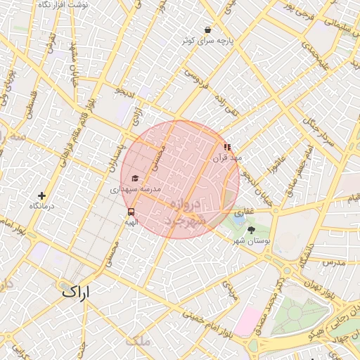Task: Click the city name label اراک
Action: click(76, 292)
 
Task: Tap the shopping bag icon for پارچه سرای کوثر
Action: click(207, 30)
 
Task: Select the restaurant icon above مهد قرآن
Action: click(227, 147)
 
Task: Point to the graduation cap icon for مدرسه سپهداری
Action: click(134, 179)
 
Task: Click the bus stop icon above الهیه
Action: click(131, 211)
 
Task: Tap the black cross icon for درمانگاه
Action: click(41, 195)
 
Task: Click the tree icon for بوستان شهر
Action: click(252, 229)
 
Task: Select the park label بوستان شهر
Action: click(252, 241)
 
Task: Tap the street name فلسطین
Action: click(30, 101)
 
